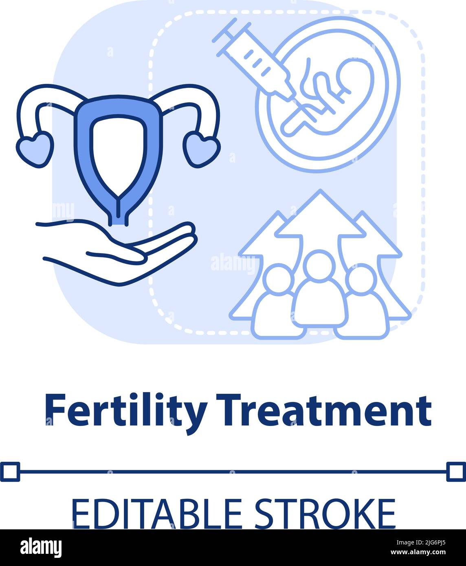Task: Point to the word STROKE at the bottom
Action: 325,514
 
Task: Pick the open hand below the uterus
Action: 122,252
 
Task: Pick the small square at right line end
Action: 456,472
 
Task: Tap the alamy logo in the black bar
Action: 41,547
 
